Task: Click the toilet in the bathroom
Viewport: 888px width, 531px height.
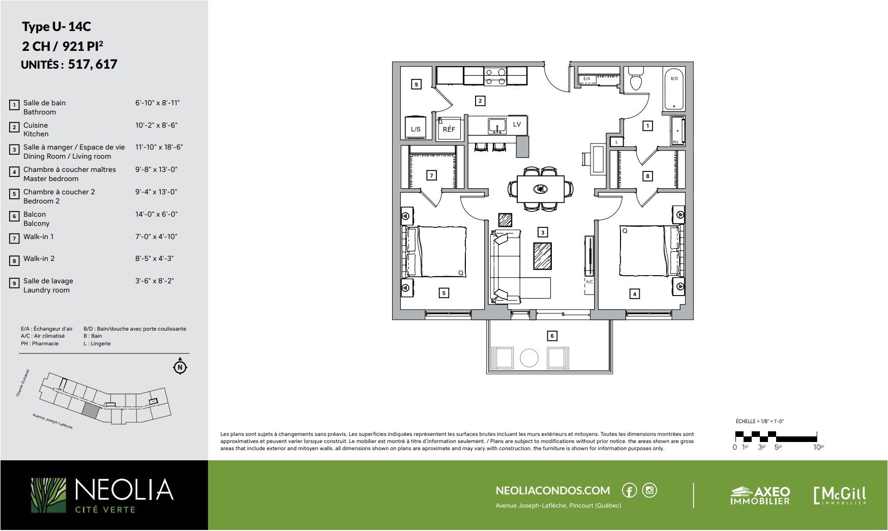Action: click(636, 79)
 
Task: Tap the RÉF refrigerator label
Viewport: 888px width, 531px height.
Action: click(449, 129)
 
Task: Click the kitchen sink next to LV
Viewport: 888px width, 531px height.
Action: click(497, 126)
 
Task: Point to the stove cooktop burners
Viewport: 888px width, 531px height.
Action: click(495, 76)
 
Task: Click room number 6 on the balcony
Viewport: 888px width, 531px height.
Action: click(552, 336)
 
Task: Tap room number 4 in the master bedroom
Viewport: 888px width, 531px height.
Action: click(634, 293)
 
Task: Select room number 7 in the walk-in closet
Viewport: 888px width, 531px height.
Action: click(431, 175)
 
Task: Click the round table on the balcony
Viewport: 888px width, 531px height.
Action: click(529, 358)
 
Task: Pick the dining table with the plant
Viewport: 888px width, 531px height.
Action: click(541, 189)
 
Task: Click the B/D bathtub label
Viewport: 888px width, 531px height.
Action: click(674, 78)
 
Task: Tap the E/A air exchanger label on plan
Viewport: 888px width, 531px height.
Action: click(586, 79)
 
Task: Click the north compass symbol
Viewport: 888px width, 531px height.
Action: click(180, 366)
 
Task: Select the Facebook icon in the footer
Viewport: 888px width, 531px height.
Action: click(629, 490)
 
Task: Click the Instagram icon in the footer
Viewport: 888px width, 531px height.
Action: click(649, 490)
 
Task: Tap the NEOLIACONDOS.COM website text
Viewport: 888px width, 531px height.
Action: click(553, 490)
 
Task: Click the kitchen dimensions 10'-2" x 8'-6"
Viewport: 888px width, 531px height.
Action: click(156, 125)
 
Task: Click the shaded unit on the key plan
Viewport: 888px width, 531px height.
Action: click(90, 410)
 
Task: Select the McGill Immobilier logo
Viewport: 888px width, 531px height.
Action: click(840, 495)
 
